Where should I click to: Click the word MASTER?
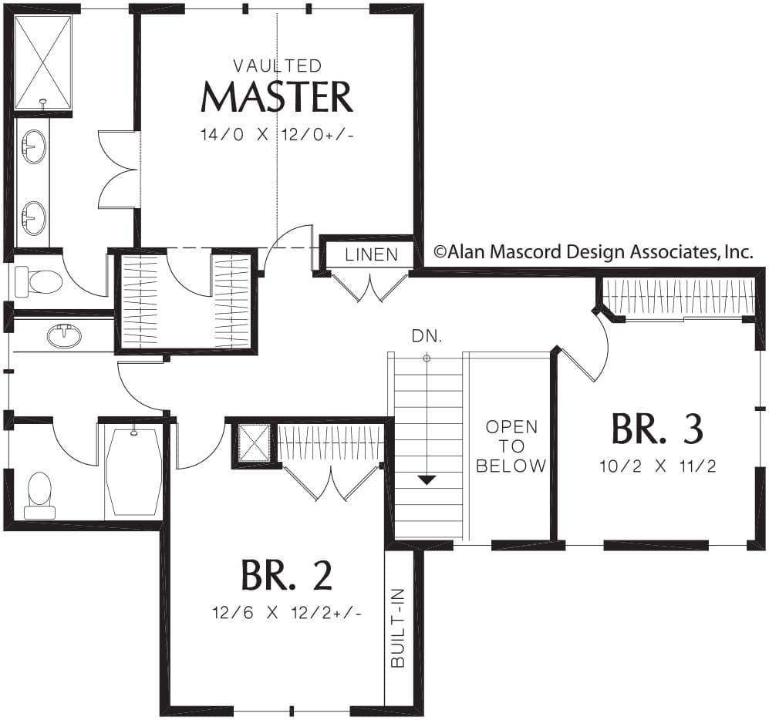tap(277, 97)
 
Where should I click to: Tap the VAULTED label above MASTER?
tap(278, 66)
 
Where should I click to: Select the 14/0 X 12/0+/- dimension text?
tap(277, 135)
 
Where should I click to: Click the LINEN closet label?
tap(371, 254)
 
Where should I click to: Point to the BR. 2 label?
tap(286, 575)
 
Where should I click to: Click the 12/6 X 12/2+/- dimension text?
tap(288, 613)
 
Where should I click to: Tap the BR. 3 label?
tap(658, 429)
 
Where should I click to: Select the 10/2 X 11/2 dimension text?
tap(658, 466)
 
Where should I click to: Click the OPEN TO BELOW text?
tap(511, 446)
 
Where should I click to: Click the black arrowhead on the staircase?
tap(427, 479)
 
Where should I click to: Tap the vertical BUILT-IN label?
tap(398, 627)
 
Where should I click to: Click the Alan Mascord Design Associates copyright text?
tap(593, 252)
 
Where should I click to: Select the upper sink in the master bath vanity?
tap(34, 146)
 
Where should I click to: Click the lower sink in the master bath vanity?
tap(34, 218)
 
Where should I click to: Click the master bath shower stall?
tap(42, 62)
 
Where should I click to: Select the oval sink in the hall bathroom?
tap(64, 336)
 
